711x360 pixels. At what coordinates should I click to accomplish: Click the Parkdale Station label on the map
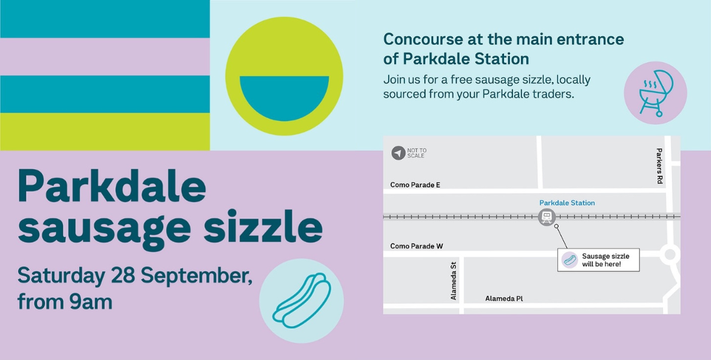coord(567,203)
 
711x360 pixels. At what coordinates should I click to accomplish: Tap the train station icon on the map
coord(547,217)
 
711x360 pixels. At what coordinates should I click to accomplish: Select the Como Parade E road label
coord(415,185)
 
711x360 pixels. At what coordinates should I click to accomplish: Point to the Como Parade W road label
coord(417,246)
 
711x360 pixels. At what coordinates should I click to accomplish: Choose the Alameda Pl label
coord(504,299)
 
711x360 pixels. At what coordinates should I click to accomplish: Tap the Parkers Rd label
coord(659,166)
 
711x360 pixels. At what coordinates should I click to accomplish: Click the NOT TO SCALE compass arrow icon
coord(398,153)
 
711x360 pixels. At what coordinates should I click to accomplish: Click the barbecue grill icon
coord(655,93)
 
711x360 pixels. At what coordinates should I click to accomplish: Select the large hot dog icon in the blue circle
coord(302,300)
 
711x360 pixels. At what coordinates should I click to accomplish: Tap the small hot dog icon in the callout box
coord(569,260)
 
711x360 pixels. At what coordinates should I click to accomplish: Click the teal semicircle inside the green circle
coord(284,97)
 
